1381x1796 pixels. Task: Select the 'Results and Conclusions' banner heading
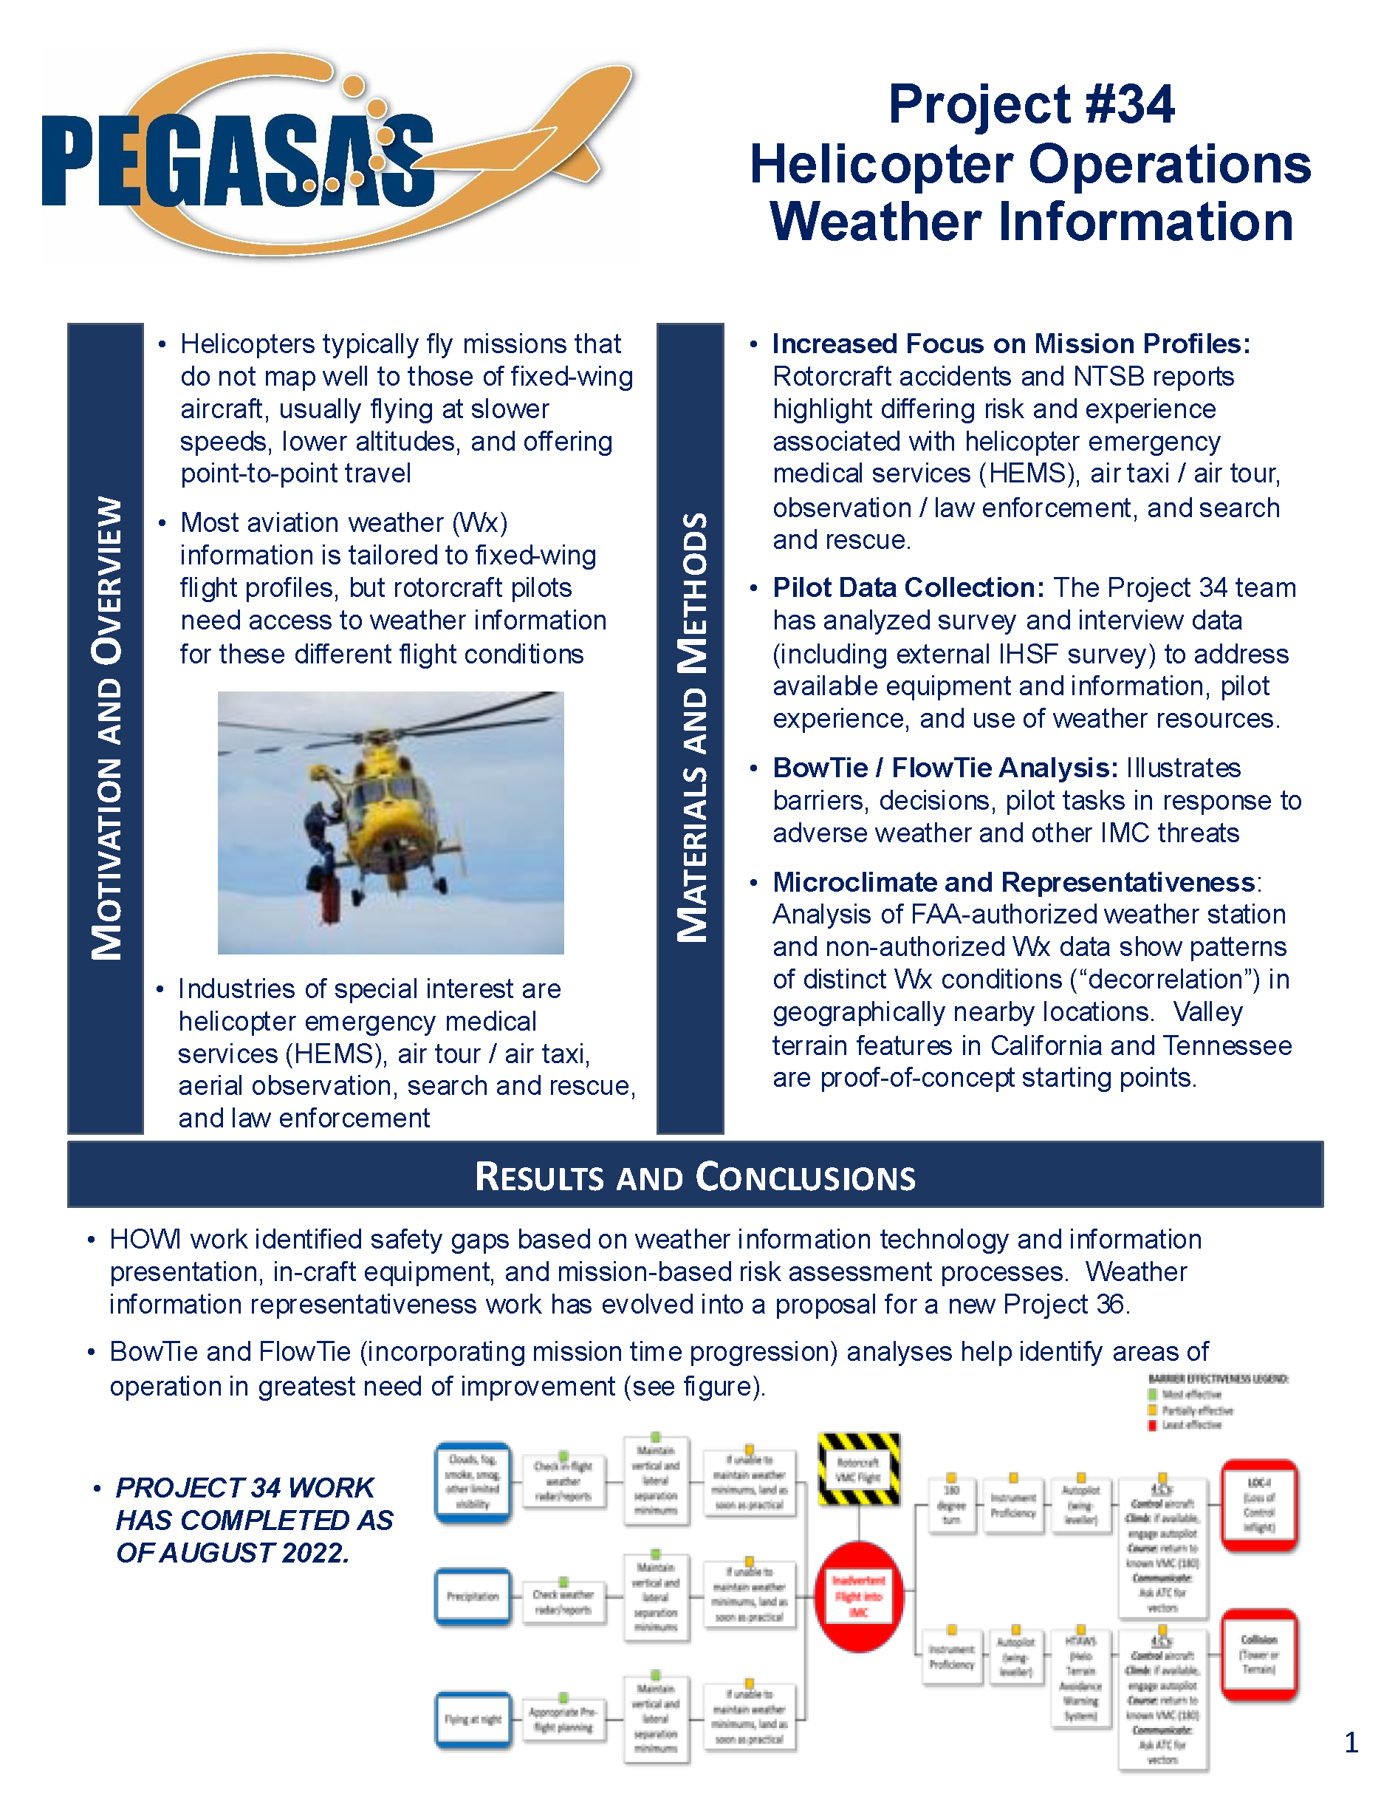[x=695, y=1176]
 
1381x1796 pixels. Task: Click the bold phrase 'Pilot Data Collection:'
[x=908, y=588]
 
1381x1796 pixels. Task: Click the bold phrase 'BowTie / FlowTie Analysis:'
[x=945, y=768]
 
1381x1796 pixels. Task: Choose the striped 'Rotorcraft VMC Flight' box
[x=858, y=1469]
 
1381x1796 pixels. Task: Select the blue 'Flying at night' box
[x=473, y=1718]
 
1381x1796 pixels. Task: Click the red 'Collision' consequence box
[x=1258, y=1655]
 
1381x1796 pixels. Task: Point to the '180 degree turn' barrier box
[x=951, y=1504]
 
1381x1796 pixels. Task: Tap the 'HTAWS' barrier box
[x=1080, y=1678]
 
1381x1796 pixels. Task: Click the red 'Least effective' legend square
[x=1153, y=1425]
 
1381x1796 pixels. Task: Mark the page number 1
[x=1351, y=1743]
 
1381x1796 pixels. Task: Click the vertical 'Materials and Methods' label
[x=690, y=728]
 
